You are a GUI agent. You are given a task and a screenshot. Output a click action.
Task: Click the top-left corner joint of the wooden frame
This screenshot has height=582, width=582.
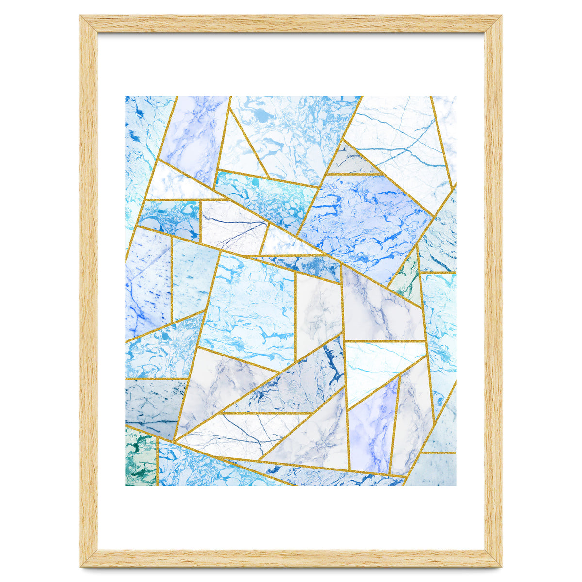click(89, 24)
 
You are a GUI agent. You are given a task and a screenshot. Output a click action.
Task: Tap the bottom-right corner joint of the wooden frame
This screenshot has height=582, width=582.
click(493, 558)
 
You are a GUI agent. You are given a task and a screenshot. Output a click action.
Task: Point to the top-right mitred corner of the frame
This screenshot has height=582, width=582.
click(493, 24)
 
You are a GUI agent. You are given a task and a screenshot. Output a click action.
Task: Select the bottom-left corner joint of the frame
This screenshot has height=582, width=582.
click(89, 558)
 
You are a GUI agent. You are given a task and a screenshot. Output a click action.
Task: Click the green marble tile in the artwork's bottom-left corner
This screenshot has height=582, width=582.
click(141, 458)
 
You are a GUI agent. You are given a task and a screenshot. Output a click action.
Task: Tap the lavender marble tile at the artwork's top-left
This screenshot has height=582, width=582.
click(194, 136)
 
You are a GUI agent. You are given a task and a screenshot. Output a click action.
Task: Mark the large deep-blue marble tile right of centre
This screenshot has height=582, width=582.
click(364, 218)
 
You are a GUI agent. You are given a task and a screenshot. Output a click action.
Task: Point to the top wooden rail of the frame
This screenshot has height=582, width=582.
click(291, 24)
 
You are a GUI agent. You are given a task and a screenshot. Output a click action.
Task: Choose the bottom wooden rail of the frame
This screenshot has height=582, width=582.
click(291, 558)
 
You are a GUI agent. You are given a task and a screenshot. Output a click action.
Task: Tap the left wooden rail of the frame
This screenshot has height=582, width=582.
click(89, 291)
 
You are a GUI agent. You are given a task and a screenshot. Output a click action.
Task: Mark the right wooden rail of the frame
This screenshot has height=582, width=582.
click(493, 291)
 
